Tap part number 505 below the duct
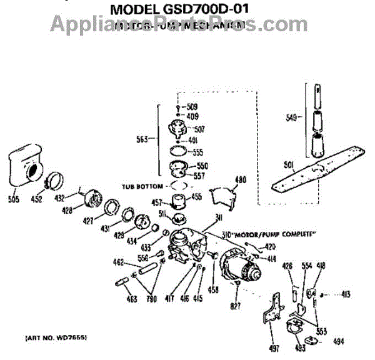pyautogui.click(x=14, y=199)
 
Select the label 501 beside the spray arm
pyautogui.click(x=289, y=165)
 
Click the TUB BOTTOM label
pyautogui.click(x=142, y=186)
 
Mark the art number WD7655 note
pyautogui.click(x=56, y=337)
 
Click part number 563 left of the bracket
pyautogui.click(x=143, y=139)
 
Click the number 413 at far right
pyautogui.click(x=345, y=294)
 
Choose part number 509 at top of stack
pyautogui.click(x=192, y=106)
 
